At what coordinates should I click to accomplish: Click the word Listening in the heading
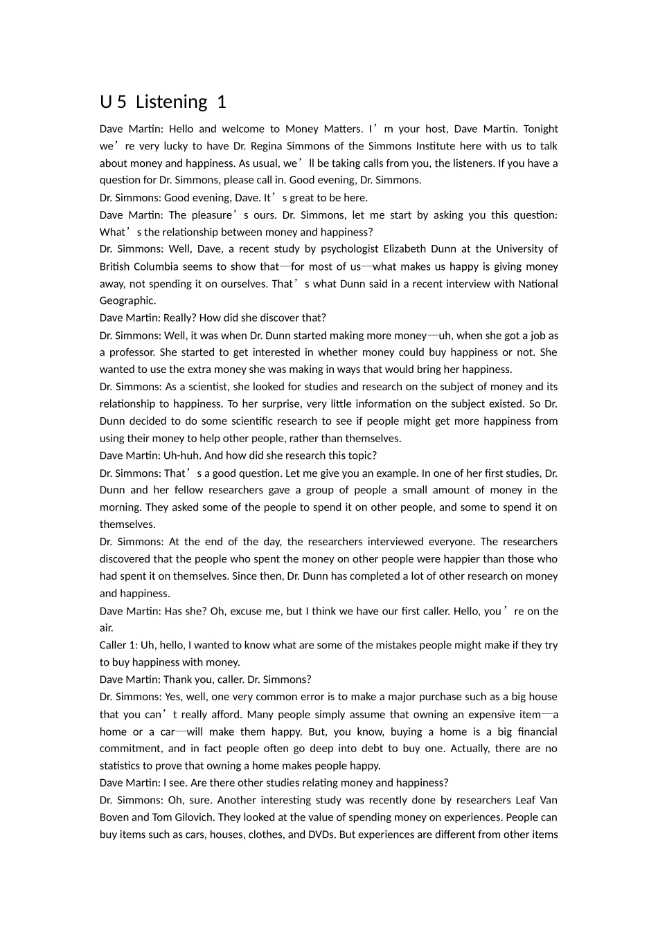coord(171,102)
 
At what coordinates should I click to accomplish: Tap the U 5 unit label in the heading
coord(113,102)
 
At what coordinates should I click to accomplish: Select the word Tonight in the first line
coord(540,129)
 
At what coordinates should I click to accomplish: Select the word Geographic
coord(127,300)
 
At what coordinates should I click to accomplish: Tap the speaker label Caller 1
coord(118,645)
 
